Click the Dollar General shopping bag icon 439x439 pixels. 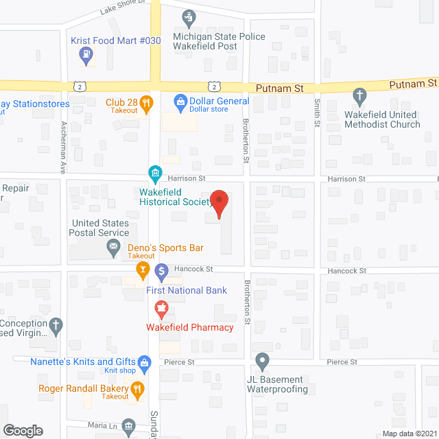pos(181,104)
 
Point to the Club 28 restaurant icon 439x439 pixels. pos(145,104)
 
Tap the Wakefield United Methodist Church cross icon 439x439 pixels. pos(359,95)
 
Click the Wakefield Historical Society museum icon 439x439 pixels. pos(156,171)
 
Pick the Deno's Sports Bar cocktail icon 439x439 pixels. pos(143,270)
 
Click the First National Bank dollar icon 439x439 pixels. pos(162,272)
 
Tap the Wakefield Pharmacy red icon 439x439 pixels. pos(162,310)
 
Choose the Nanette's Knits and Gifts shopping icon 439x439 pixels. pos(144,361)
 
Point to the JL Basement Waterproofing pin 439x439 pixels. pos(262,361)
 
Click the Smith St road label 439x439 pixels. pos(317,112)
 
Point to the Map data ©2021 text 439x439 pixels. pos(409,434)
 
